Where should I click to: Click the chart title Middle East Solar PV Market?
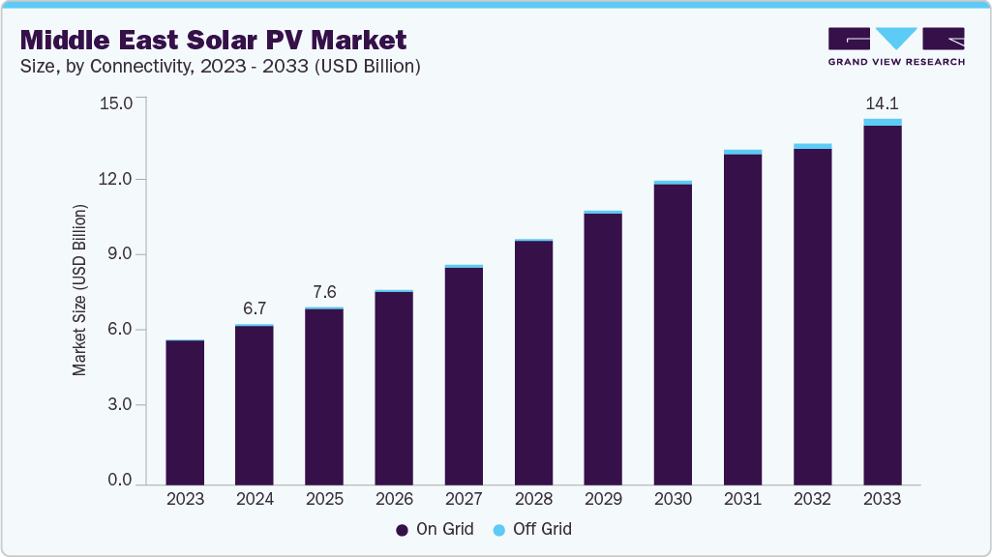coord(213,40)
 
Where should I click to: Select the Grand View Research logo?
coord(895,45)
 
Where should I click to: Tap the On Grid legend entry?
coord(435,529)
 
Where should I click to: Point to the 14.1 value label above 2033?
coord(882,103)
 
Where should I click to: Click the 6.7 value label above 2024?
coord(255,308)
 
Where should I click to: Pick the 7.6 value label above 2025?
coord(324,292)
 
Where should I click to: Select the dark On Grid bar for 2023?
coord(185,413)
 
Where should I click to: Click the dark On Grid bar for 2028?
coord(533,363)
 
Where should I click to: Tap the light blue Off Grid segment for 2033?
coord(882,122)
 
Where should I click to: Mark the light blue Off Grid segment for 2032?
coord(812,146)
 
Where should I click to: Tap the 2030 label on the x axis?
coord(673,500)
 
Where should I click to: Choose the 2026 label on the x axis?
coord(394,500)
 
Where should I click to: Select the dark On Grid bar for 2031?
coord(742,319)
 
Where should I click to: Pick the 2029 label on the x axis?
coord(603,500)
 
